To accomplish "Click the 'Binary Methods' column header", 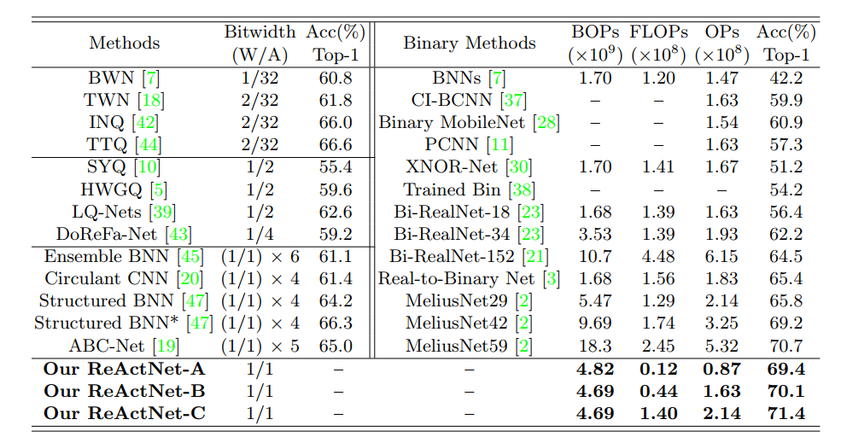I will click(x=469, y=44).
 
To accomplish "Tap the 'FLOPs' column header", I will click(x=658, y=32).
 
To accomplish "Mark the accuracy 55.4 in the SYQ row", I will click(x=336, y=166).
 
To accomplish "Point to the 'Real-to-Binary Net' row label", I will click(x=457, y=278).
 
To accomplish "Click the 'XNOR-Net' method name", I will click(x=457, y=166).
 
